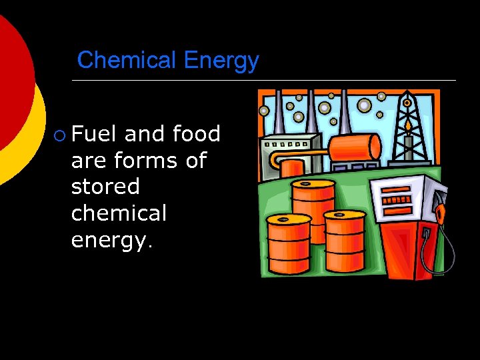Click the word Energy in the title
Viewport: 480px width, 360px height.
point(221,61)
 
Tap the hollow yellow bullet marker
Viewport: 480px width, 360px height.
point(61,135)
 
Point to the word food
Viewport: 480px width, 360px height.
point(196,134)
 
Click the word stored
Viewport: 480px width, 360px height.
point(105,187)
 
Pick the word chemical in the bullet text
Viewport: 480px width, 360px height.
point(119,213)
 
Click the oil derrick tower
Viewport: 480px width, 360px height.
point(408,127)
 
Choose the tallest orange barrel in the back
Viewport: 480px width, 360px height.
point(313,200)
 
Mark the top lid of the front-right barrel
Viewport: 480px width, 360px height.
point(344,215)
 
